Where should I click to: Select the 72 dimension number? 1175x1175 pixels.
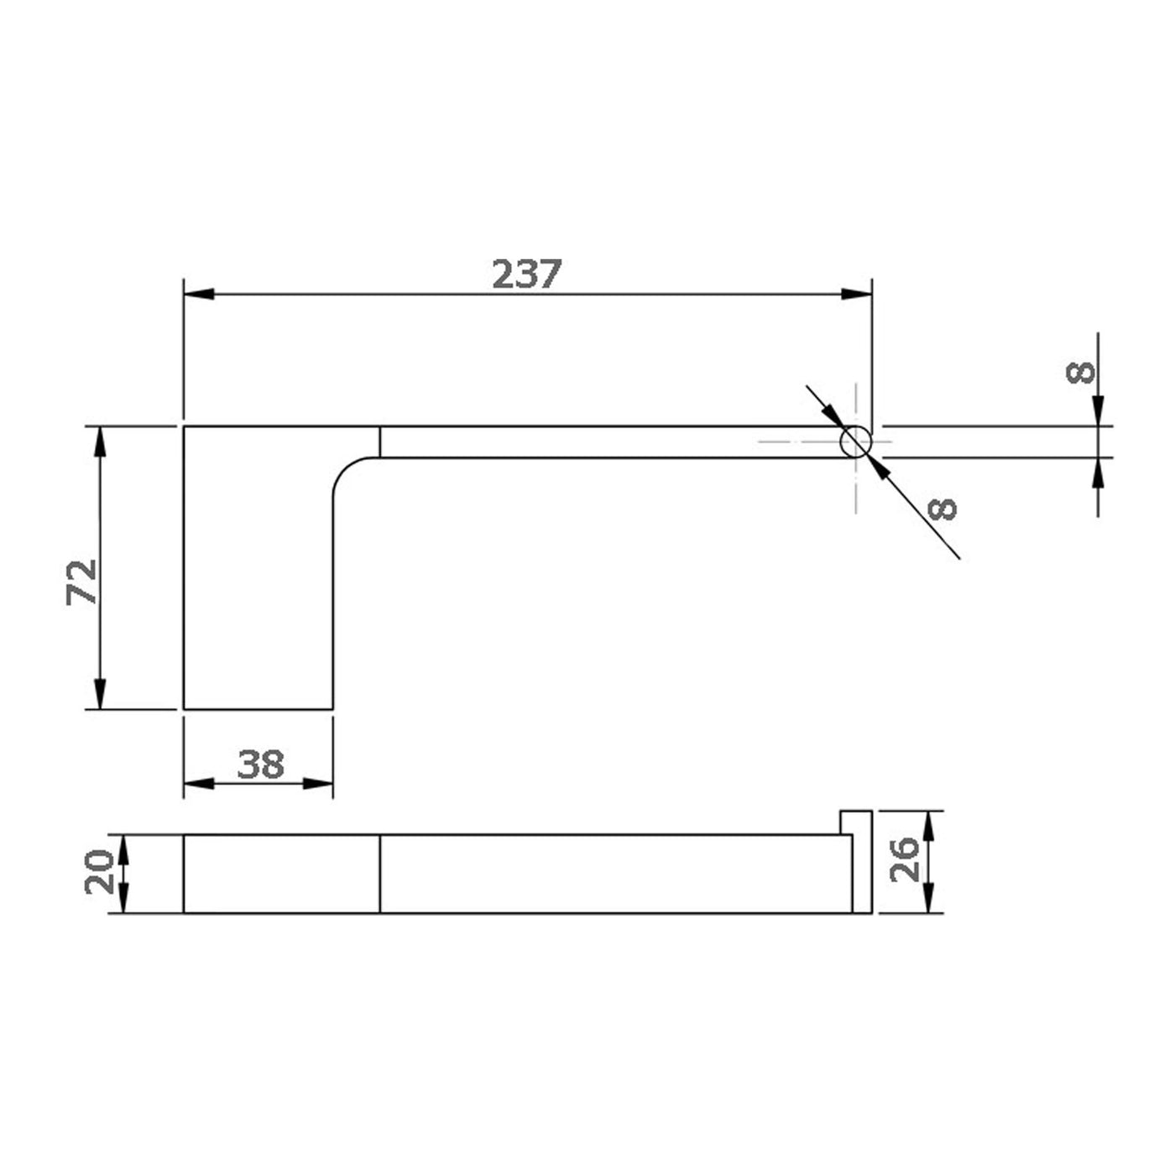[81, 582]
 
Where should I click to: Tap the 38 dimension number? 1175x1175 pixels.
[260, 765]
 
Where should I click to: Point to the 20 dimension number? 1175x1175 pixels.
[99, 872]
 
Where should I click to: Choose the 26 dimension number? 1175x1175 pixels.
[904, 859]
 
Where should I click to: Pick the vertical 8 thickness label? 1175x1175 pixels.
[1080, 372]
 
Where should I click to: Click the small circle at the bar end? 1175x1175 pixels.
[855, 441]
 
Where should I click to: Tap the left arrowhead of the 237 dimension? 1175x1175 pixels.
[199, 294]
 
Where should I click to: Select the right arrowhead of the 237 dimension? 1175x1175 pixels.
[856, 294]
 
